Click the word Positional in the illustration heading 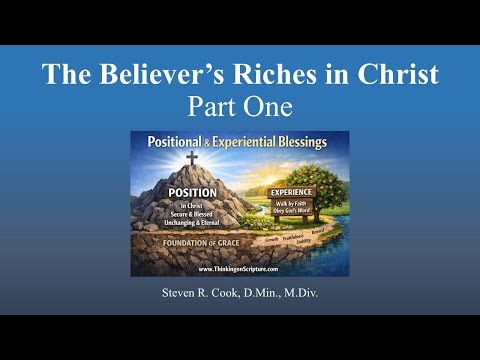pos(180,141)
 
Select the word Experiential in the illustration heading pos(243,141)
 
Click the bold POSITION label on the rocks pos(192,192)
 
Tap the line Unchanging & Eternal pos(192,224)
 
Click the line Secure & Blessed pos(192,215)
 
